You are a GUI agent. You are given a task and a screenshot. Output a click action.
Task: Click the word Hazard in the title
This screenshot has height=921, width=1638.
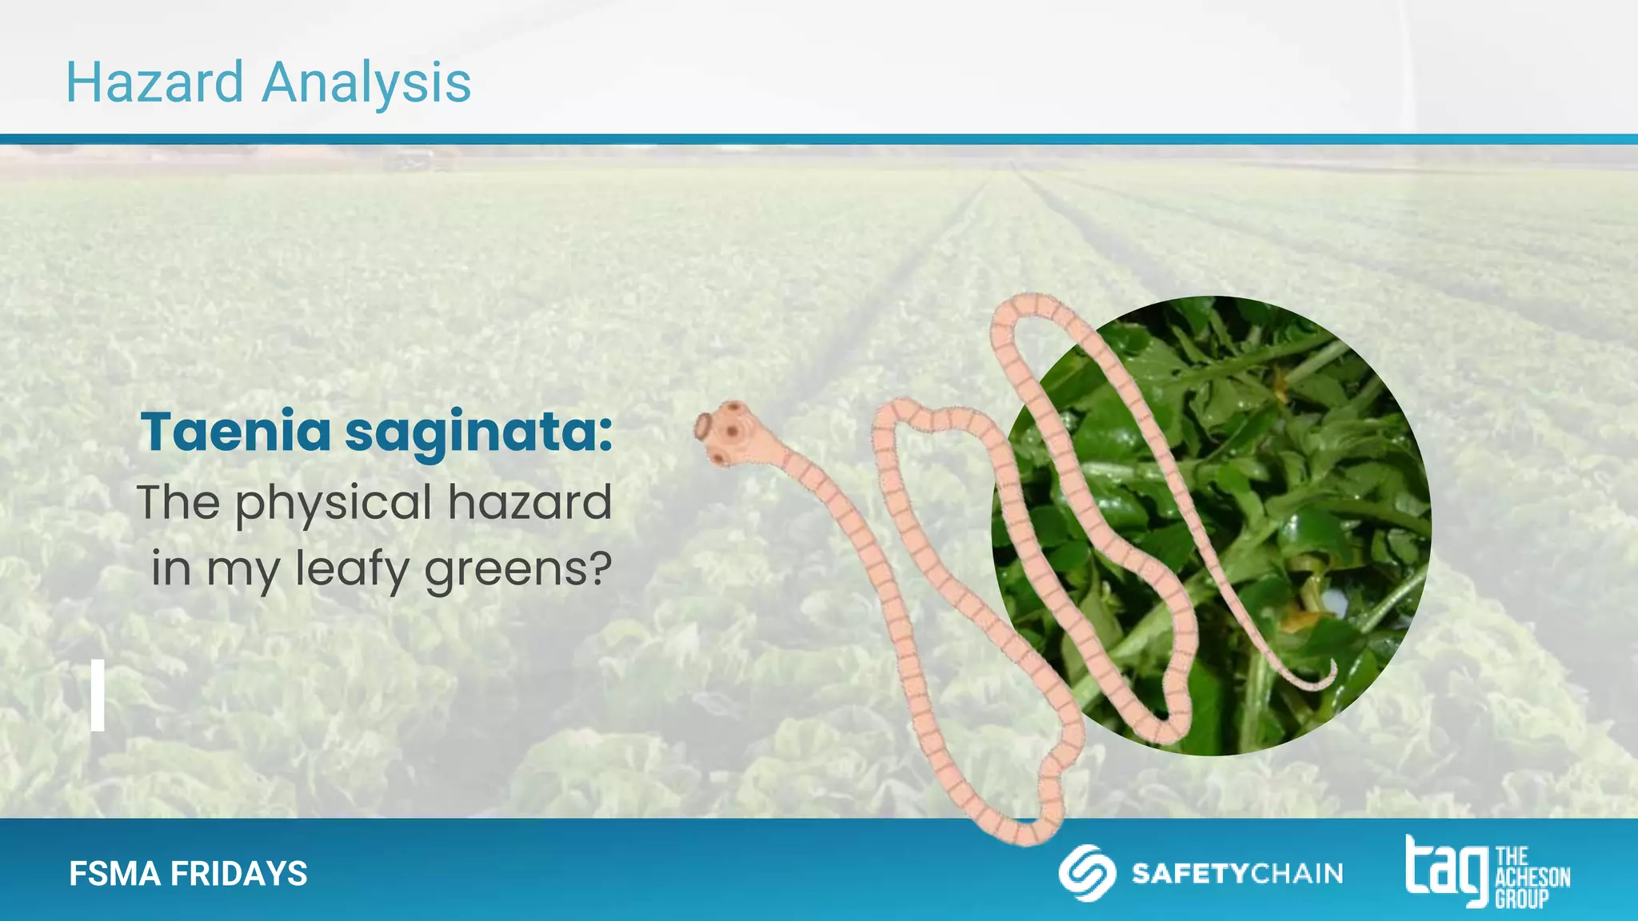click(154, 82)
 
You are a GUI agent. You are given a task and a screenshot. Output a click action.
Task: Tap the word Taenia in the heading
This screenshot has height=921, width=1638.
click(235, 432)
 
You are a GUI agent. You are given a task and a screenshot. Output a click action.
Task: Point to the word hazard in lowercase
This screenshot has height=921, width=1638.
click(529, 502)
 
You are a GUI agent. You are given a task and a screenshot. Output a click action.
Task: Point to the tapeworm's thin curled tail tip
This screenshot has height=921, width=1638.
click(1330, 675)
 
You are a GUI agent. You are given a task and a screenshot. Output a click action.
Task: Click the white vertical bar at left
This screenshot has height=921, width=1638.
click(98, 695)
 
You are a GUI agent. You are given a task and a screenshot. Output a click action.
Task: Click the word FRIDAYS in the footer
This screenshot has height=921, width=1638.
click(238, 874)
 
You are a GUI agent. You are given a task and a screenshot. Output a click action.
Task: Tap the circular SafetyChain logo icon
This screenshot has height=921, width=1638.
click(1087, 873)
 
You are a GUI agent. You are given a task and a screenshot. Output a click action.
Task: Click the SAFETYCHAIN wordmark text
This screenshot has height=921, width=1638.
click(1236, 874)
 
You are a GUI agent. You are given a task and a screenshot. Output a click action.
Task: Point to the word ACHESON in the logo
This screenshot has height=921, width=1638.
click(1532, 877)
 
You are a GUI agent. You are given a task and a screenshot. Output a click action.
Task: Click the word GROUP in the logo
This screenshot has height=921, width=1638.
click(1521, 899)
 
